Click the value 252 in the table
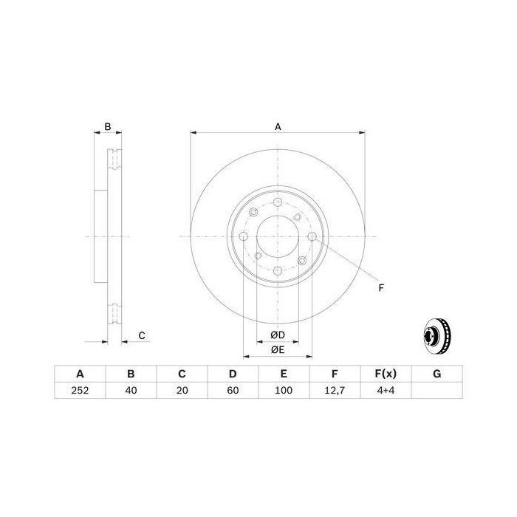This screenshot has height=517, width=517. [x=80, y=391]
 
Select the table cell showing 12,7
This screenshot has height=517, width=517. [x=335, y=391]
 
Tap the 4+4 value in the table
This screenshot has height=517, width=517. [x=386, y=391]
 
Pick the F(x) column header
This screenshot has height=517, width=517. [x=386, y=374]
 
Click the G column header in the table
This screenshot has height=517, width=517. [x=437, y=374]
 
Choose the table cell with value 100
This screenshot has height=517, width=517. [x=284, y=391]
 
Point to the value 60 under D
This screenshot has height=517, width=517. [x=233, y=391]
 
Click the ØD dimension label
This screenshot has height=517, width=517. [x=278, y=335]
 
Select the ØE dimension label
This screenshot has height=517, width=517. [x=278, y=350]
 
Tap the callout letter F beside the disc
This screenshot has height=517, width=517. [x=381, y=288]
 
